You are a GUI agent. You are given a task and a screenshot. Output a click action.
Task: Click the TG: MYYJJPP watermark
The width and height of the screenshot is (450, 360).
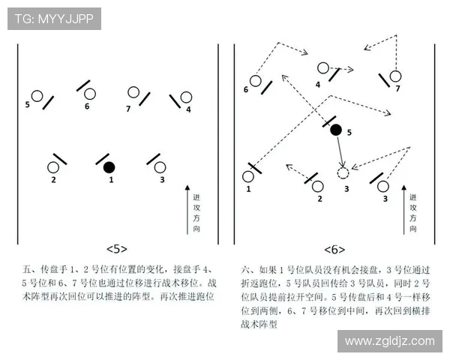pos(54,19)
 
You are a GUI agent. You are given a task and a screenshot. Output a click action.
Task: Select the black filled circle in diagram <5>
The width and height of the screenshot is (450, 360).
pos(109,166)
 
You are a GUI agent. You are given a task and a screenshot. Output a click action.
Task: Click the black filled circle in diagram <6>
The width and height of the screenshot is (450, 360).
pos(336,130)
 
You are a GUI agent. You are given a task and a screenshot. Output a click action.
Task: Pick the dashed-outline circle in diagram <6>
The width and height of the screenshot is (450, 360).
pos(343,173)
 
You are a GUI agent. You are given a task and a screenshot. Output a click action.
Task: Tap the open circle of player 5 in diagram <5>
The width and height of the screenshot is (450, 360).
pos(37,96)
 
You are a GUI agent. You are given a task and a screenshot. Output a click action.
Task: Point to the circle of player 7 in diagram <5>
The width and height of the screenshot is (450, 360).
pos(133,92)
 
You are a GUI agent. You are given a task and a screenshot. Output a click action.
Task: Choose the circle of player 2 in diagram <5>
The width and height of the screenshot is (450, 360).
pos(54,167)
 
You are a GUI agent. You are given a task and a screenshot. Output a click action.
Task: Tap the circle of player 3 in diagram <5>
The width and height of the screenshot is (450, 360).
pos(162,167)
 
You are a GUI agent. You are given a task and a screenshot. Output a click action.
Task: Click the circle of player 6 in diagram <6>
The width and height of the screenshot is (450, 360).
pos(255,80)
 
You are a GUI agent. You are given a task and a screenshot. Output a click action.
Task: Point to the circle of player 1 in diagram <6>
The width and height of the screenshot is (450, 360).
pos(248,177)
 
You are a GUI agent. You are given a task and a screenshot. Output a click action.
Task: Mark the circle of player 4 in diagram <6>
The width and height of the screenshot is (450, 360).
pos(323,68)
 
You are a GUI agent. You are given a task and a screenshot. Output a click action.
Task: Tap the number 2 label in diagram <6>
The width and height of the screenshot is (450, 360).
pos(319,199)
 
